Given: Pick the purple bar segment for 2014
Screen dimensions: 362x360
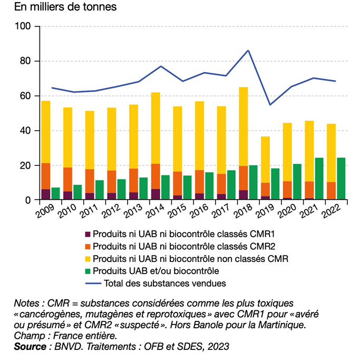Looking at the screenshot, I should click(x=155, y=194).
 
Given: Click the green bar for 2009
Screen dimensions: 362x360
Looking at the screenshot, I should click(x=56, y=194).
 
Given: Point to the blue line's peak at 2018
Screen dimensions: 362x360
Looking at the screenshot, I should click(x=248, y=51).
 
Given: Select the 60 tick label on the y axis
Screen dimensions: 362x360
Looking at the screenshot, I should click(x=27, y=96).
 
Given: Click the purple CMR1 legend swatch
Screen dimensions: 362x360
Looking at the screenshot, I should click(x=88, y=234).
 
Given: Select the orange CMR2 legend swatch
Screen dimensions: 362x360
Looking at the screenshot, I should click(x=88, y=247).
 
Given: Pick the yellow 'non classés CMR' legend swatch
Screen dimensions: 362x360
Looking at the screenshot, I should click(x=88, y=259).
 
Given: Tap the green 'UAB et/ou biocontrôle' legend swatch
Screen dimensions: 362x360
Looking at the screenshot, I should click(x=88, y=271).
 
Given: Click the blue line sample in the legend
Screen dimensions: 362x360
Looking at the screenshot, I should click(x=93, y=283).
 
